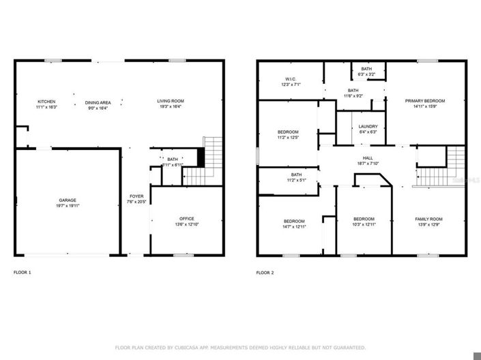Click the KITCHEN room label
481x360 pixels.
[46, 101]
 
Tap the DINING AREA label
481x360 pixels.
[98, 102]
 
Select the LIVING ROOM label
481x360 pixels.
[171, 101]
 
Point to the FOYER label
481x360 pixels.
[136, 196]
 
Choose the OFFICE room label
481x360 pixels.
[186, 219]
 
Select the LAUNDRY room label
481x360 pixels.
[368, 125]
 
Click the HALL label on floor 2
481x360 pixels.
[368, 157]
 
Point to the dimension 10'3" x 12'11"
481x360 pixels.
[363, 224]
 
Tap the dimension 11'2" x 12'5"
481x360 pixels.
[287, 137]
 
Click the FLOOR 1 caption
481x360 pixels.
[23, 272]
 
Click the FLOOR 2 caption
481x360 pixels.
[265, 272]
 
